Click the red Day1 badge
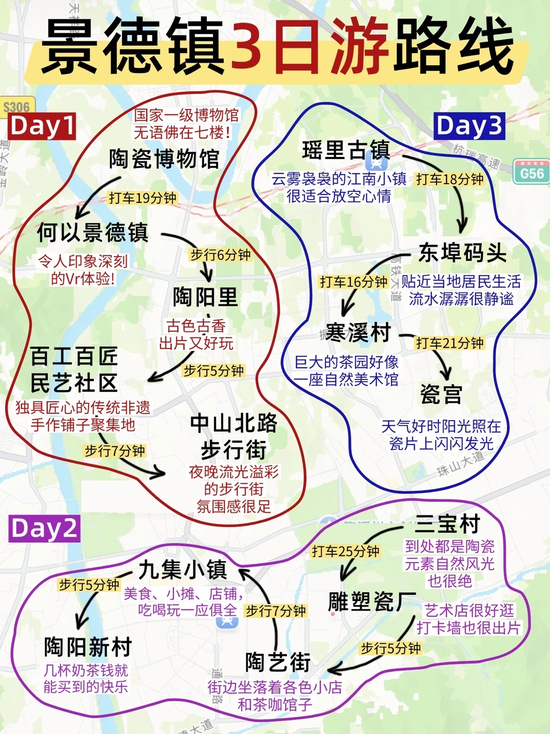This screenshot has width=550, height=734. (x=42, y=126)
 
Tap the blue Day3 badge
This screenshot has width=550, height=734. (x=469, y=126)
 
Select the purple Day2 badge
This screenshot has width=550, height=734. (x=44, y=528)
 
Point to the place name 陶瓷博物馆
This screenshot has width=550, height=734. (x=164, y=159)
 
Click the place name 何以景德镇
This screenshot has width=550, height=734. (x=93, y=233)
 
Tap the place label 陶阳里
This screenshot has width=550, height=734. (x=205, y=297)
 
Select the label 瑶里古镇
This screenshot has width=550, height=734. (x=346, y=150)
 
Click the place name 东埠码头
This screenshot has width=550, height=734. (x=462, y=253)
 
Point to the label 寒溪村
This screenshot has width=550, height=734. (x=359, y=333)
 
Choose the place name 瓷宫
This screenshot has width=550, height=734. (x=441, y=394)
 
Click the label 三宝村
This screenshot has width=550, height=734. (x=448, y=523)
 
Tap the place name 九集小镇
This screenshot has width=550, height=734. (x=182, y=569)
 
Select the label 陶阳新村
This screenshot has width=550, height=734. (x=88, y=647)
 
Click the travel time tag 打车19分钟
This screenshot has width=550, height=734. (x=143, y=198)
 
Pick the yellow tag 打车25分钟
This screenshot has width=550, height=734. (x=345, y=551)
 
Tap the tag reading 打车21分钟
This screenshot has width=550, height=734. (x=450, y=343)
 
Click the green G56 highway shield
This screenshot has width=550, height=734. (x=532, y=173)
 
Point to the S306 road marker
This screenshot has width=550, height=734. (x=17, y=107)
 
